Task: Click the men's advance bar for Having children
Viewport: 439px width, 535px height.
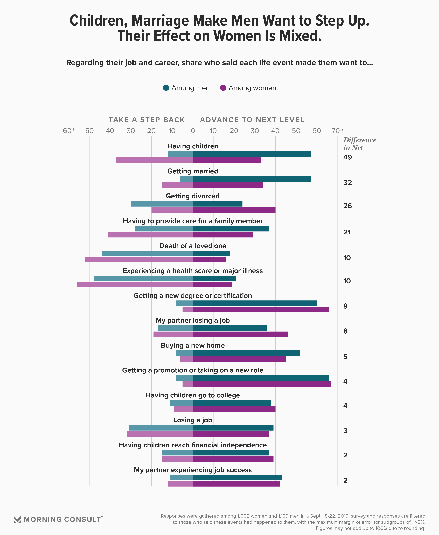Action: coord(251,154)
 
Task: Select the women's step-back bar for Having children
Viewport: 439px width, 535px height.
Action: coord(154,160)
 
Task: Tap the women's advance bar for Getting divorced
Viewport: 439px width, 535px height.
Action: coord(234,210)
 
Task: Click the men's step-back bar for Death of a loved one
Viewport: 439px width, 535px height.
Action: coord(147,253)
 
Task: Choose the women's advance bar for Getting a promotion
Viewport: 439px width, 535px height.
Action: coord(262,384)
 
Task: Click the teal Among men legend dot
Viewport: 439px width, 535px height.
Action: coord(166,88)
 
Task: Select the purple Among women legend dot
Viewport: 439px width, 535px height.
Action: coord(223,88)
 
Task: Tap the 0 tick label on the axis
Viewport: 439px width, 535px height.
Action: coord(193,131)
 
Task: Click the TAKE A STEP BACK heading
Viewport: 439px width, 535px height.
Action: coord(147,120)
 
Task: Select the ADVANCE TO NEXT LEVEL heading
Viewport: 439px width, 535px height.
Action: coord(252,120)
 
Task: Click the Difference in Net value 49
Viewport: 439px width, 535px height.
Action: coord(347,157)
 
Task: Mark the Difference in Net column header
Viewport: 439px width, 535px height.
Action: coord(359,144)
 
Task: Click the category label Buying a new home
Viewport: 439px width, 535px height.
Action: coord(193,345)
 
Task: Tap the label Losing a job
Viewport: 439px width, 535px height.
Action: coord(193,420)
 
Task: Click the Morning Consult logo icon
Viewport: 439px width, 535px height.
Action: coord(17,520)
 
